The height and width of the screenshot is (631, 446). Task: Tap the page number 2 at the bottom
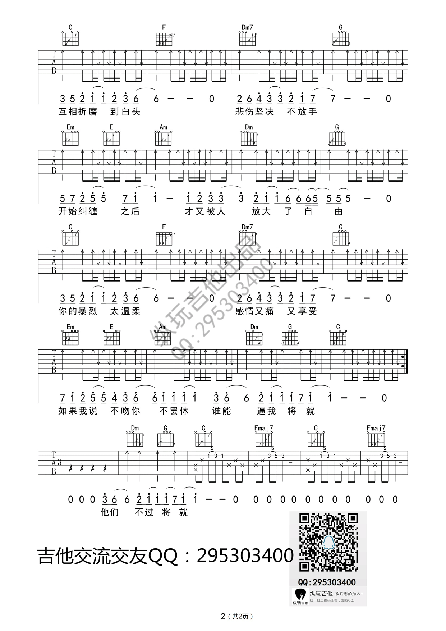[x=223, y=616]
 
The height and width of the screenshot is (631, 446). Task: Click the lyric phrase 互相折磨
[x=78, y=111]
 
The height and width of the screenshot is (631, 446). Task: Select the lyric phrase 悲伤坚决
[x=254, y=111]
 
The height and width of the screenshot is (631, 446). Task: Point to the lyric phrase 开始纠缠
[x=78, y=211]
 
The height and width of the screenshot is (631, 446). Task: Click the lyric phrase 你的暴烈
[x=78, y=311]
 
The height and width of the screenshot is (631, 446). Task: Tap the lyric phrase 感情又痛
[x=254, y=311]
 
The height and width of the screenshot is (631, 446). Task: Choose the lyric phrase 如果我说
[x=78, y=411]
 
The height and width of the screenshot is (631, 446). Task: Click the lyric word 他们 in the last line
[x=110, y=512]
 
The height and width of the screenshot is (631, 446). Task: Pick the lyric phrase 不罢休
[x=174, y=411]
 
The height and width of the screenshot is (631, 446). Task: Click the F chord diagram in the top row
[x=164, y=38]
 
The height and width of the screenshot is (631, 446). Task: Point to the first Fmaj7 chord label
[x=263, y=428]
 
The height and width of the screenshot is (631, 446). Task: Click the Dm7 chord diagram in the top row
[x=248, y=38]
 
